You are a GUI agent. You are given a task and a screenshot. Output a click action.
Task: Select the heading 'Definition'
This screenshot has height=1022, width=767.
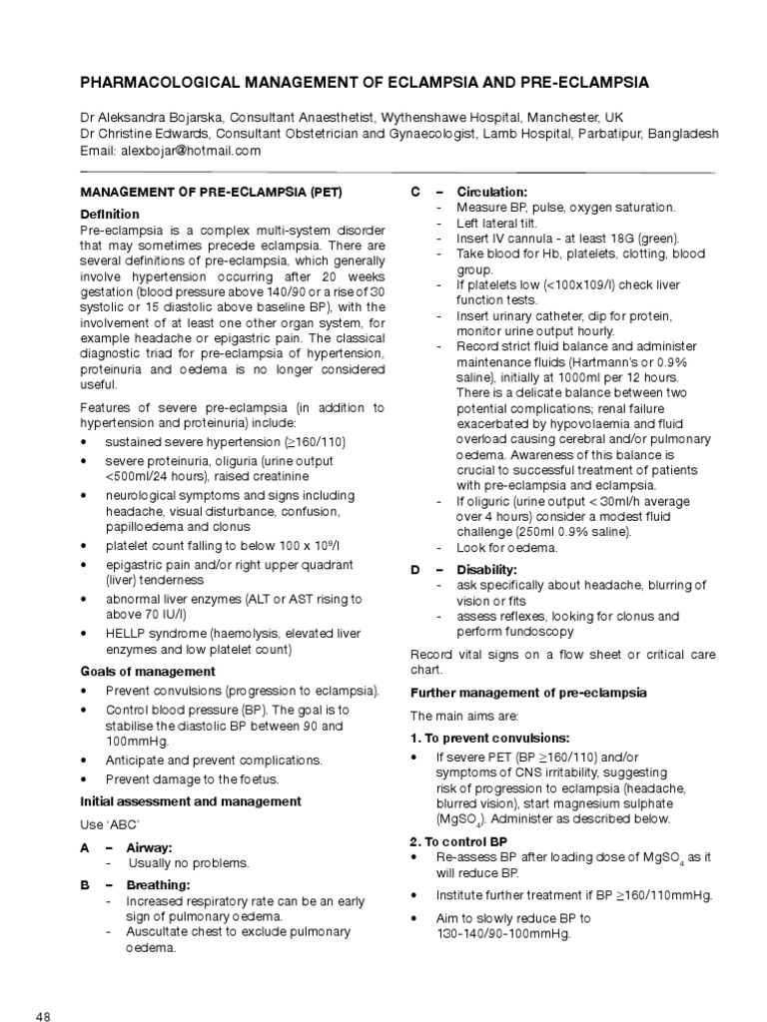tap(110, 215)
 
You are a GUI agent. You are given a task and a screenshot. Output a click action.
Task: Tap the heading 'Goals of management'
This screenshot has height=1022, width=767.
tap(148, 672)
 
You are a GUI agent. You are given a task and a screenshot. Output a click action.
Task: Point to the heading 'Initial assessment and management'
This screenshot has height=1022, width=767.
tap(190, 800)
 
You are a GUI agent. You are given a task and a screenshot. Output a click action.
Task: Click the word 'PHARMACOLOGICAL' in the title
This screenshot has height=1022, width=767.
tap(184, 81)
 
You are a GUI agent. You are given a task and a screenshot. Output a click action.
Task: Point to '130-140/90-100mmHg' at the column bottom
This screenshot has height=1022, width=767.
tap(502, 934)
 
